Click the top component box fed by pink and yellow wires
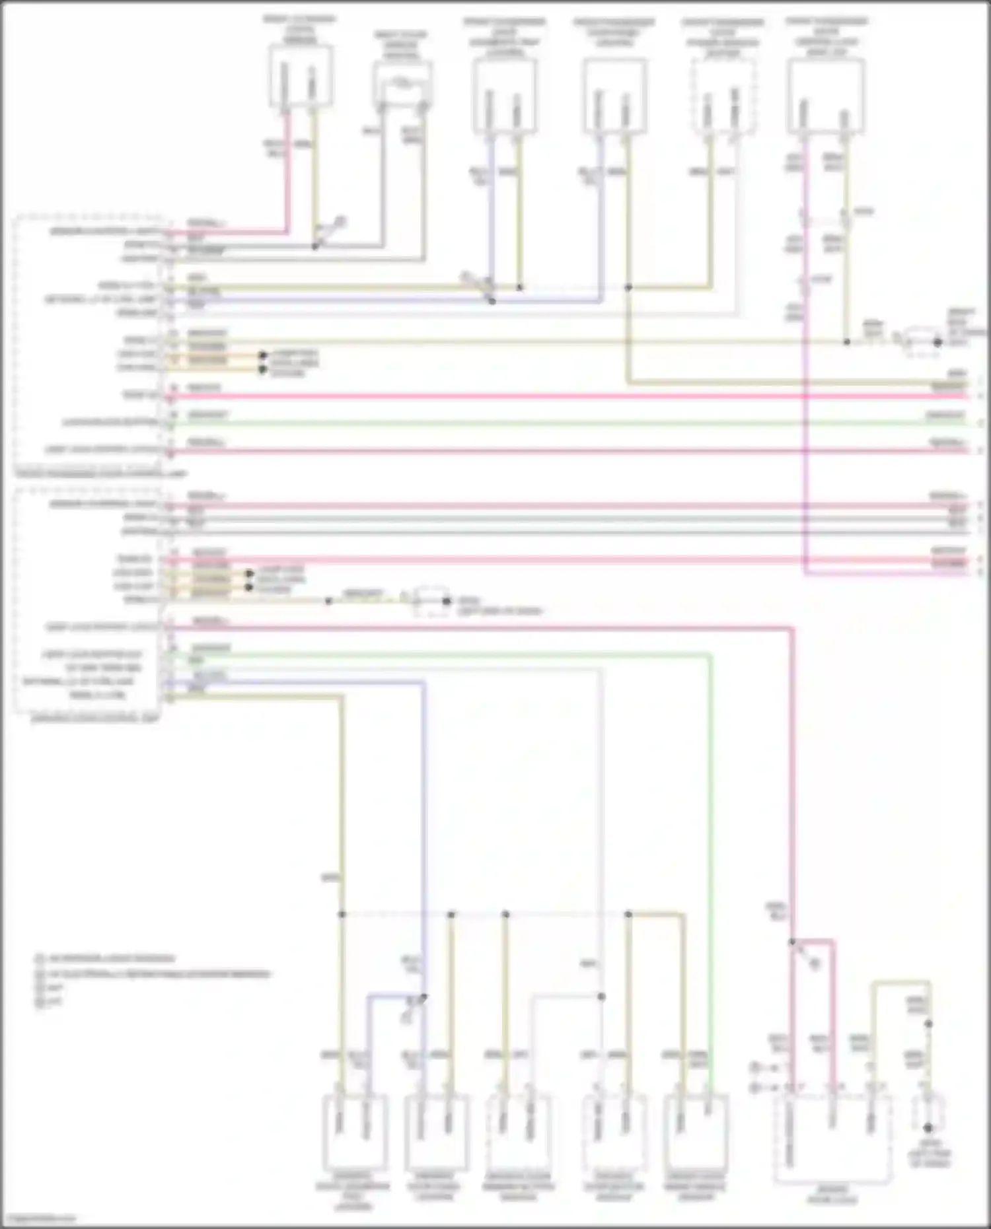[301, 75]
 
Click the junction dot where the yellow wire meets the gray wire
[315, 246]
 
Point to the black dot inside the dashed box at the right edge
[937, 342]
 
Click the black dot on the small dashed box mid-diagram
[447, 601]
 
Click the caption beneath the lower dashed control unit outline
[96, 718]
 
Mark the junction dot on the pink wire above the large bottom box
[791, 942]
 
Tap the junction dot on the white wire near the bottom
[601, 997]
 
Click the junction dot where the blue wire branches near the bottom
[423, 997]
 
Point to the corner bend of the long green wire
[710, 655]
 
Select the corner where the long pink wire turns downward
[791, 629]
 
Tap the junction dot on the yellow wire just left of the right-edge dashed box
[846, 342]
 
